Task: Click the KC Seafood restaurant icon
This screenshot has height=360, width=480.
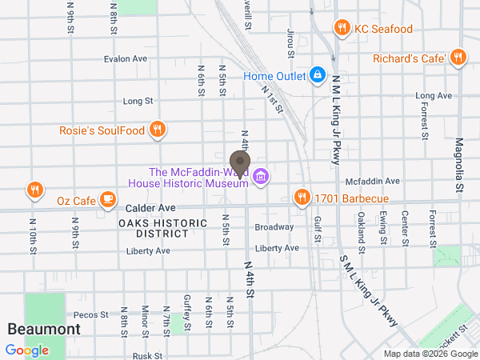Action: coord(342,29)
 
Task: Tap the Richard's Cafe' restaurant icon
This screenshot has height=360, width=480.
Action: coord(458,58)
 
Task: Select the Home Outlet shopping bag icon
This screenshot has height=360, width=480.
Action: coord(318,75)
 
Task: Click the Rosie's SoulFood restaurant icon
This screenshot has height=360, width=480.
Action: coord(158,130)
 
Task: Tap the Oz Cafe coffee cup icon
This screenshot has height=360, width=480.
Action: coord(106,199)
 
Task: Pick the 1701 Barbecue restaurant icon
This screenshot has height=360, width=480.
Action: coord(302,197)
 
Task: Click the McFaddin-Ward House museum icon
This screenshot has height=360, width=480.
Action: coord(260,177)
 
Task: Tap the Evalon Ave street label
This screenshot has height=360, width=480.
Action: coord(126,58)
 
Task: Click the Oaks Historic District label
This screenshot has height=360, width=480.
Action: coord(154,228)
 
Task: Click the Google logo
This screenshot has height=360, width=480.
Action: coord(26,350)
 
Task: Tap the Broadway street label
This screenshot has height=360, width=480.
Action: coord(274,227)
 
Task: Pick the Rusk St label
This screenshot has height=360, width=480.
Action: coord(148,355)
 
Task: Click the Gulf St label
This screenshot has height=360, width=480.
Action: coord(318,230)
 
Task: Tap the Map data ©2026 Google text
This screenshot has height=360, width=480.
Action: coord(430,354)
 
